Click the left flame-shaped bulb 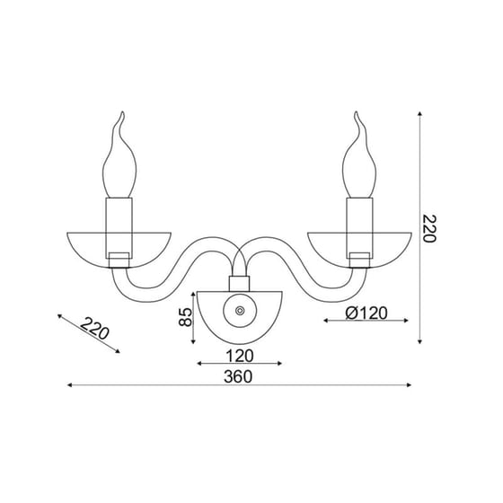[119, 161]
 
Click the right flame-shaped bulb [359, 161]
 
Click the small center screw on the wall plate [240, 311]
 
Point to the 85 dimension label [185, 317]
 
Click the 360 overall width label [238, 376]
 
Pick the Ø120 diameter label [366, 313]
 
